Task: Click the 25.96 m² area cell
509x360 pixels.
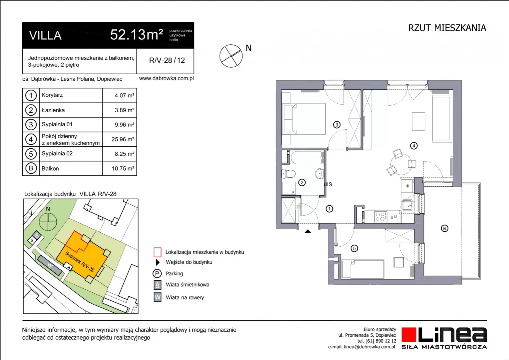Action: click(123, 139)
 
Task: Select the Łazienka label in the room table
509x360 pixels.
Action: click(53, 110)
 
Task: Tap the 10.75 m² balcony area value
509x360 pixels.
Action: click(123, 169)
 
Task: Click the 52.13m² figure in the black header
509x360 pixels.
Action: click(137, 35)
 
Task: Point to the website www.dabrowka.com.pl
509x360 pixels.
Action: click(166, 78)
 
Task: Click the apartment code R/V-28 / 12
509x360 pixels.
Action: click(167, 60)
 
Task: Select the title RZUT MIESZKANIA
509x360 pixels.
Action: click(447, 28)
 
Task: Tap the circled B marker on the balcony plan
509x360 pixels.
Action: click(444, 228)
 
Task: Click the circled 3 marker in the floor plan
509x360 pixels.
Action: click(337, 125)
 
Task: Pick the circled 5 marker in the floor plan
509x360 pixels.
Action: click(354, 249)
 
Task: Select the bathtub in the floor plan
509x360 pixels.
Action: click(307, 157)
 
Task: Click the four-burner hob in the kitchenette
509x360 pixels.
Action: click(381, 216)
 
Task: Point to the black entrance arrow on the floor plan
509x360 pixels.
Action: click(308, 231)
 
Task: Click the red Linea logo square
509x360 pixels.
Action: click(408, 335)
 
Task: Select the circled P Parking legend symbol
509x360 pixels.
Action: click(157, 273)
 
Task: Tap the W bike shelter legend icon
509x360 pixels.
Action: click(158, 297)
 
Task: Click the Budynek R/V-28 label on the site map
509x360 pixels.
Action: click(79, 262)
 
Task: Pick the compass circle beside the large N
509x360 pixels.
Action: click(231, 56)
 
